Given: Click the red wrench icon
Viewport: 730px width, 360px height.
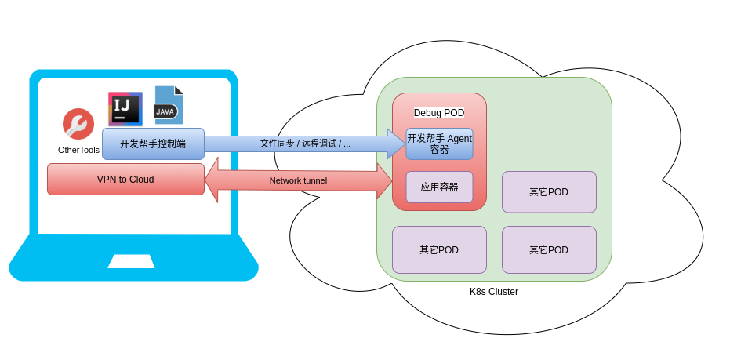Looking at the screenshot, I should pyautogui.click(x=78, y=124).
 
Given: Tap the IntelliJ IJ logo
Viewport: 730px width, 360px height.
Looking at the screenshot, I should pyautogui.click(x=125, y=108).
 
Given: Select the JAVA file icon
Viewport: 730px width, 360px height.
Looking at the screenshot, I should pyautogui.click(x=168, y=105).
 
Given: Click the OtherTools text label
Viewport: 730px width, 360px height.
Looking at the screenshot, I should pyautogui.click(x=78, y=150).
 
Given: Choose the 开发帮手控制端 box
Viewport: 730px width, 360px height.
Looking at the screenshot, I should pyautogui.click(x=153, y=144).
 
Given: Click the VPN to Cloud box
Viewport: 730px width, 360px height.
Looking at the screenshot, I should pyautogui.click(x=125, y=180).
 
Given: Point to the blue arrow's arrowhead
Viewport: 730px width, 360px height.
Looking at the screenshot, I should pyautogui.click(x=396, y=144).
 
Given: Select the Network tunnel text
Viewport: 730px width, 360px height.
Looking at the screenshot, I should pyautogui.click(x=298, y=180).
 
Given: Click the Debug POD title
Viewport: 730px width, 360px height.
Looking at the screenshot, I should pyautogui.click(x=439, y=113).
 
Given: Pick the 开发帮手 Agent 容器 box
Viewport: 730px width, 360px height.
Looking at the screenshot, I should pyautogui.click(x=439, y=144).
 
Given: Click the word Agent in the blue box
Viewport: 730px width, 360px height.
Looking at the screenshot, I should pyautogui.click(x=459, y=139).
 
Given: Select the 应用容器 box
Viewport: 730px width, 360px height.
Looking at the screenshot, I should pyautogui.click(x=439, y=187).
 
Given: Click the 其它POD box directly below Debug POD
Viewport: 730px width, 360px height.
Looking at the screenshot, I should pyautogui.click(x=439, y=250).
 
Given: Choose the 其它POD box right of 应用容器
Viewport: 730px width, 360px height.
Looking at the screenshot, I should pyautogui.click(x=549, y=192).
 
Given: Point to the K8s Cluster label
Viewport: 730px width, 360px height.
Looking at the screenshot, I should pyautogui.click(x=494, y=292).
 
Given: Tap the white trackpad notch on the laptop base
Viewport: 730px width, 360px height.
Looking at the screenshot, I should pyautogui.click(x=131, y=261).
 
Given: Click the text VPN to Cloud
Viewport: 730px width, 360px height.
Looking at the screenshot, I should pyautogui.click(x=125, y=180).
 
